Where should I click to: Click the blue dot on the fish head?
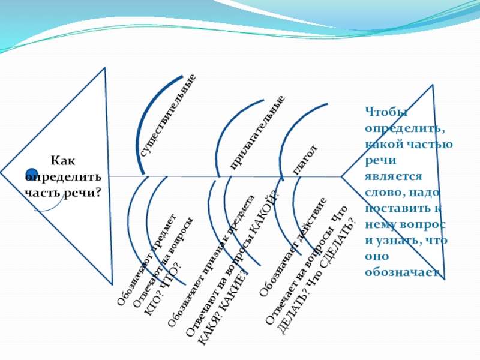point(32,175)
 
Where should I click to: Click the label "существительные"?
point(169,116)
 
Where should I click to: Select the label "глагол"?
point(304,160)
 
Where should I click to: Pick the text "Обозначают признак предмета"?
point(211,262)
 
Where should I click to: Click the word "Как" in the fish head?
point(60,161)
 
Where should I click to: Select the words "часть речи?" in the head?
point(62,193)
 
